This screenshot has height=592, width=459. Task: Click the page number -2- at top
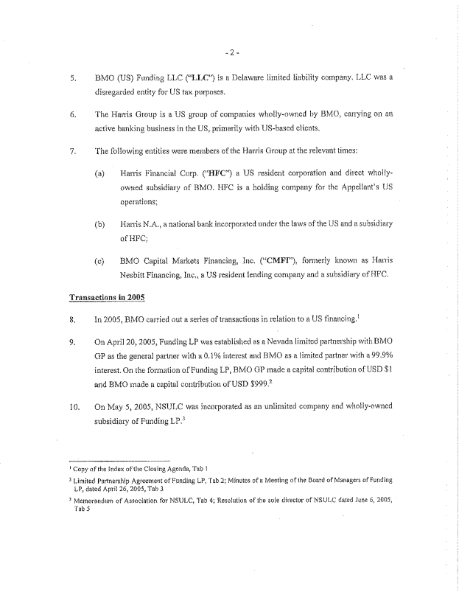coord(230,52)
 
